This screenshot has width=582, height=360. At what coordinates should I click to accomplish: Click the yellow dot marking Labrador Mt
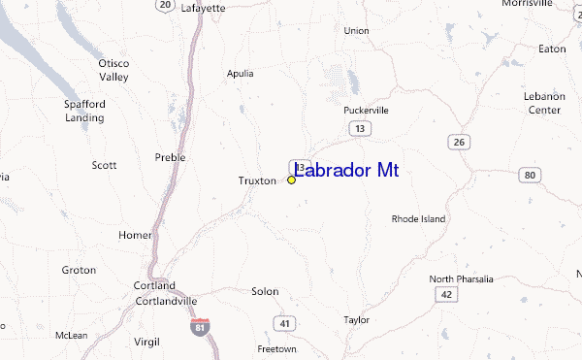click(x=292, y=180)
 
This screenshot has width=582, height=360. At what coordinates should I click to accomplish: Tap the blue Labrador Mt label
click(x=345, y=171)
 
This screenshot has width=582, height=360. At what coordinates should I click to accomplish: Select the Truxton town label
click(x=258, y=180)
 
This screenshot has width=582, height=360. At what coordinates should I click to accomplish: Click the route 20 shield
click(x=166, y=6)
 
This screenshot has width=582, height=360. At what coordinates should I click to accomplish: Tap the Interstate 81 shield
click(x=200, y=327)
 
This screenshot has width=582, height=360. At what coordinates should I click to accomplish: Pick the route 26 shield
click(x=459, y=142)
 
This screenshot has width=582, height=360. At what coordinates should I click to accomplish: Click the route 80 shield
click(x=529, y=175)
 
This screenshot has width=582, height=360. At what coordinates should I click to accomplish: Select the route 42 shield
click(x=445, y=293)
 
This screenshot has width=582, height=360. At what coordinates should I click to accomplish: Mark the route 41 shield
click(x=284, y=322)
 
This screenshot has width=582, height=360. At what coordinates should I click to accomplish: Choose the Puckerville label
click(x=366, y=110)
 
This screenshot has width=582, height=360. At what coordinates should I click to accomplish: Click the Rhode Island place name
click(x=418, y=219)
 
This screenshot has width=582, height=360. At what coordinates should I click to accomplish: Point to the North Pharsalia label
click(x=461, y=278)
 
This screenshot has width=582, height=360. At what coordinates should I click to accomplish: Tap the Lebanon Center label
click(x=543, y=104)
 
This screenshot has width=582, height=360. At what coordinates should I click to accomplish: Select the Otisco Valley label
click(x=113, y=70)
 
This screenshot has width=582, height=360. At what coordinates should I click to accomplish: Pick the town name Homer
click(x=135, y=235)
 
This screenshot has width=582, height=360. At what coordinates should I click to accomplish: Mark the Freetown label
click(x=276, y=348)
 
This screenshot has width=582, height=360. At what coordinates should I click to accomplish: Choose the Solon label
click(x=265, y=291)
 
